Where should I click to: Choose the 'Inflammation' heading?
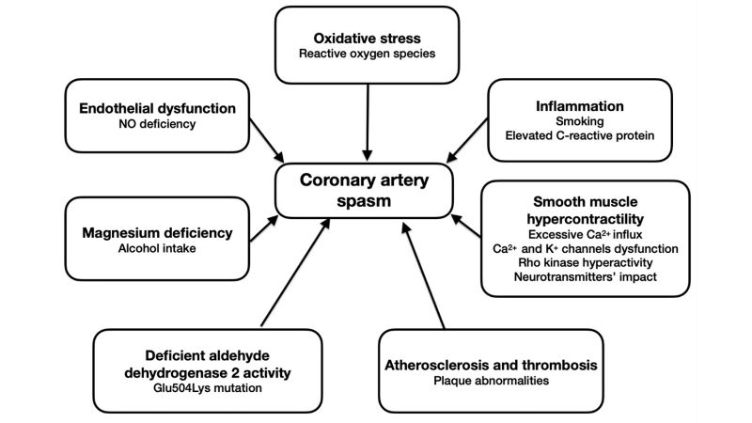(x=580, y=104)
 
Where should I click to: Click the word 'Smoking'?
(x=580, y=121)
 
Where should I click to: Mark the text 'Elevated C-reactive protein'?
(x=580, y=137)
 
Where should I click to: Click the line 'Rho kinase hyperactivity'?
(x=578, y=264)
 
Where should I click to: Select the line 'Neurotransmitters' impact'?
(x=578, y=280)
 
